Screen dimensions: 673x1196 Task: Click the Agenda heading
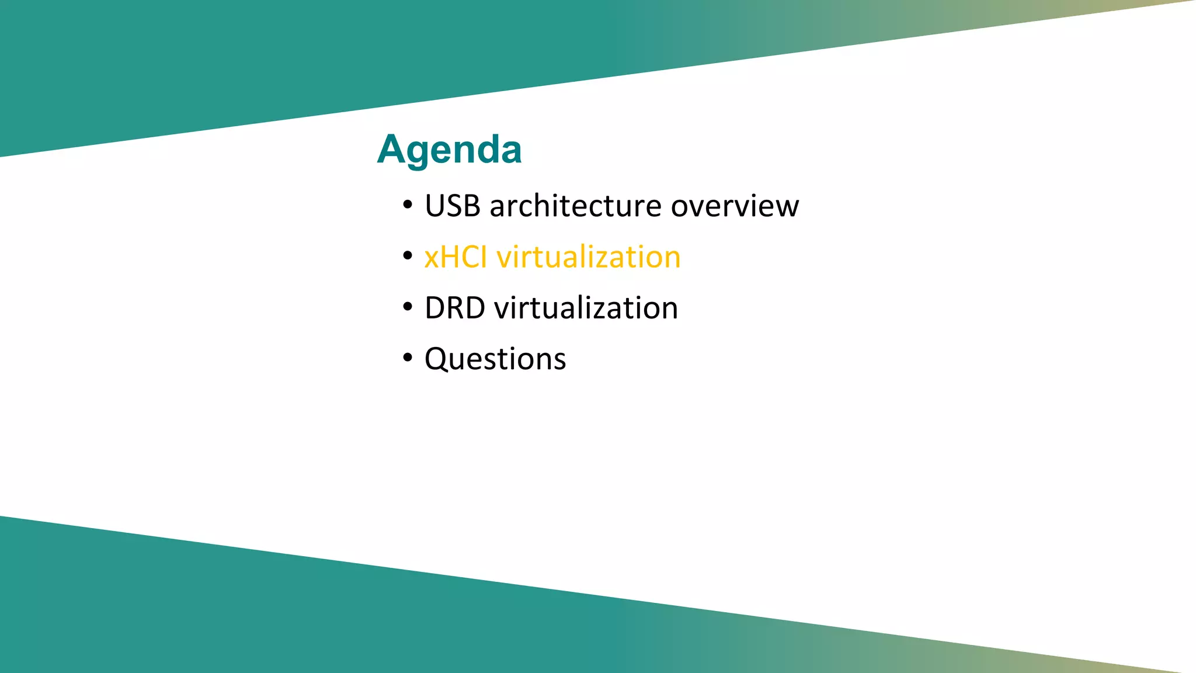449,150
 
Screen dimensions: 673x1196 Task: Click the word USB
453,206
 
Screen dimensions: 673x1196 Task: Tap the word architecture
576,206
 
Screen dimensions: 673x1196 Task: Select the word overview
735,206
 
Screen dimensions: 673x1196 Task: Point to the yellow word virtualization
588,257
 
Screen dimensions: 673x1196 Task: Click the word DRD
454,308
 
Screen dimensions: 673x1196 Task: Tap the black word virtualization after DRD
586,308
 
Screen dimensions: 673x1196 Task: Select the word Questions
495,359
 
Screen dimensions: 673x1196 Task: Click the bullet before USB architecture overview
408,206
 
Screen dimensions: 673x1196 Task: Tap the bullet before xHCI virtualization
408,256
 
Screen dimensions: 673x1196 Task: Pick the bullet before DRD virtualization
408,307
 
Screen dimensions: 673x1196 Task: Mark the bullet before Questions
408,358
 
